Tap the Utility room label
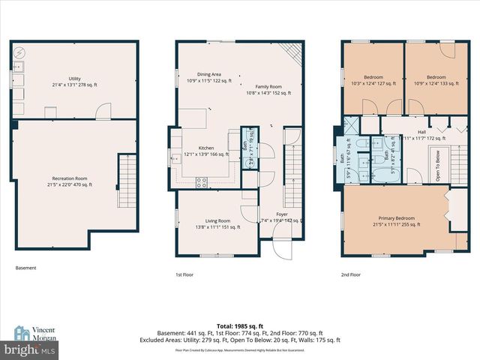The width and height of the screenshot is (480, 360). (x=74, y=81)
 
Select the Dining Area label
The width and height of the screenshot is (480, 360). (x=208, y=78)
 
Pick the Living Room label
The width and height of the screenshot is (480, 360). (x=212, y=223)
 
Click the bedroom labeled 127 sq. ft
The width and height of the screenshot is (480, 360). (x=373, y=81)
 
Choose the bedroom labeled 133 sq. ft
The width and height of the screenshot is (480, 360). (x=436, y=81)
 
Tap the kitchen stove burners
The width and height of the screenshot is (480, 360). (x=201, y=181)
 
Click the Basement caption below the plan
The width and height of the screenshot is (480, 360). (x=25, y=268)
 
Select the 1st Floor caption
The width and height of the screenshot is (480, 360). (x=184, y=274)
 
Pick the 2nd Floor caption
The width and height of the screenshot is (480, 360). (x=351, y=274)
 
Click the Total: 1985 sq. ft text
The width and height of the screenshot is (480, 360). (x=239, y=325)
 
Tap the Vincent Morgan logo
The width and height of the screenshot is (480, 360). (x=35, y=334)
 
